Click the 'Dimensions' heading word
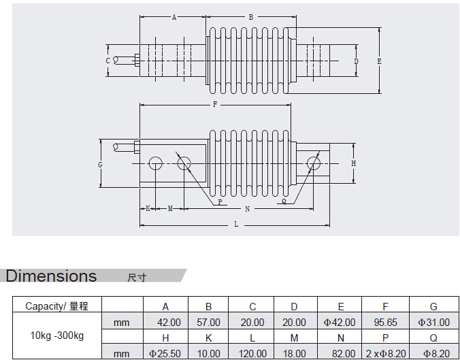click(x=52, y=276)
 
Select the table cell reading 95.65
click(x=386, y=322)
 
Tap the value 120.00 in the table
click(x=252, y=353)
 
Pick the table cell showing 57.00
click(x=208, y=322)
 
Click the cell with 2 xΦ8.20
click(x=386, y=353)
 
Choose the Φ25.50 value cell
click(x=165, y=353)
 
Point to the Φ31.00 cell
click(x=433, y=322)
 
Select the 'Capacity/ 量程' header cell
click(x=56, y=306)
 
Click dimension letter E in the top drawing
click(x=379, y=61)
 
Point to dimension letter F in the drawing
click(x=214, y=105)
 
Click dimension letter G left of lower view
click(x=100, y=165)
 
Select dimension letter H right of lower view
click(x=353, y=164)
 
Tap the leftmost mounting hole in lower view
click(x=154, y=163)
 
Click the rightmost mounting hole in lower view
click(x=313, y=163)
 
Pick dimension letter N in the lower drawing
click(x=247, y=208)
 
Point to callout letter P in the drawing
click(x=219, y=202)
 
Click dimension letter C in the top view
click(x=108, y=61)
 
